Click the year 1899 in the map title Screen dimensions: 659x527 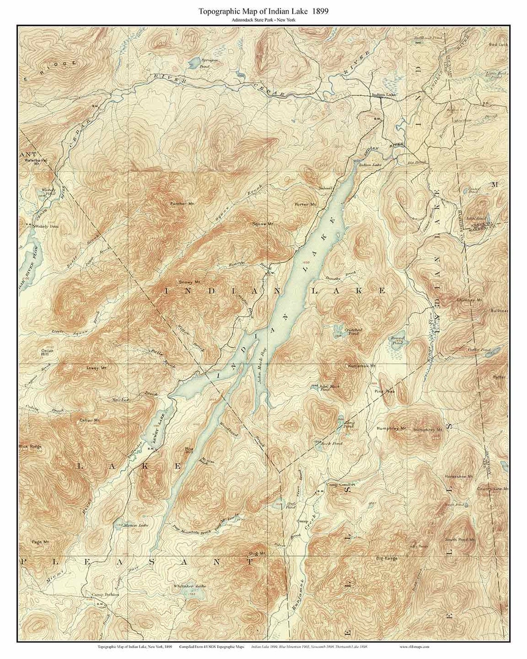point(319,11)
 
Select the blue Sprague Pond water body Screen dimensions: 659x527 point(195,60)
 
